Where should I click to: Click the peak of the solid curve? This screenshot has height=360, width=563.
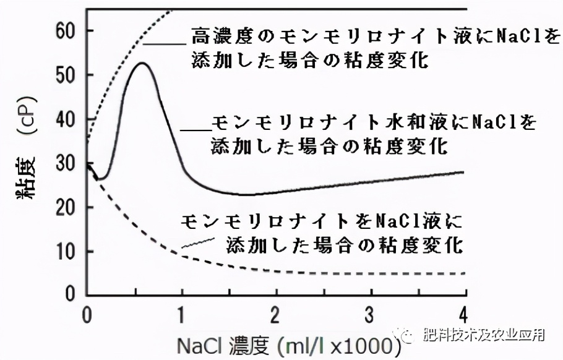tap(142, 63)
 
